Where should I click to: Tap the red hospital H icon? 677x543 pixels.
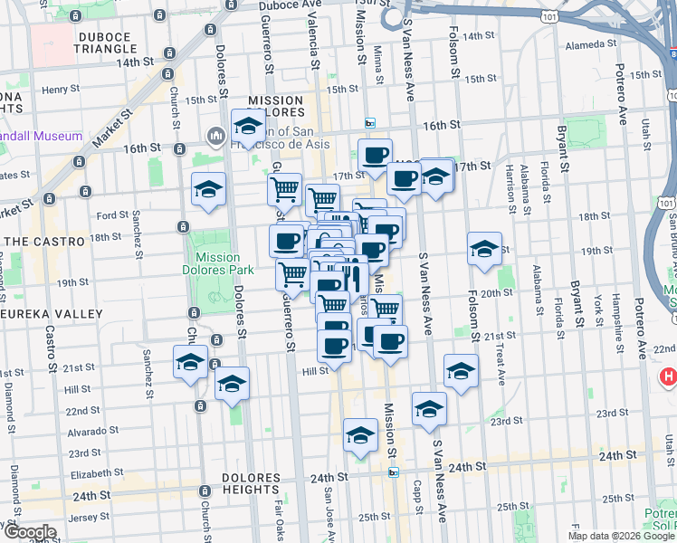[x=668, y=376]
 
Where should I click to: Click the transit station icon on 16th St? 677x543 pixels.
[x=369, y=123]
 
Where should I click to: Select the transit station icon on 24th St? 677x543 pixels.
[x=394, y=472]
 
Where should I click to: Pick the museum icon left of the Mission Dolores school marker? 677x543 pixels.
[x=215, y=137]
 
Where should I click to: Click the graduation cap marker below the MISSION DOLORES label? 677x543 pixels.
[x=247, y=127]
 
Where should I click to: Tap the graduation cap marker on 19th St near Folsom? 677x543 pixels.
[x=484, y=249]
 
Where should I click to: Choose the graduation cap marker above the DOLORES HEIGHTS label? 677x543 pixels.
[x=233, y=384]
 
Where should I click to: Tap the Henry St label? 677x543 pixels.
[x=61, y=90]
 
